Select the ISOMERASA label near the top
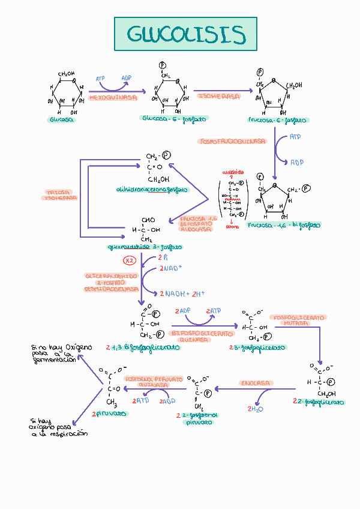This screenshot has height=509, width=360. click(218, 96)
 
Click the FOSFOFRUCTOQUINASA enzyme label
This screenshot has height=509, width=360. click(233, 142)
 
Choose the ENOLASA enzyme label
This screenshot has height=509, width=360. click(256, 382)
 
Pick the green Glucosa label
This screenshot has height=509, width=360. click(62, 120)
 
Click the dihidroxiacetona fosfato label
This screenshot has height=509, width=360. click(152, 190)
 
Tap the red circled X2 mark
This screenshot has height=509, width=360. click(130, 261)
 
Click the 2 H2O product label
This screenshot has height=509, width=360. click(256, 409)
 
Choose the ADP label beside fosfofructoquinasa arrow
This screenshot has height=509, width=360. click(297, 162)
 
